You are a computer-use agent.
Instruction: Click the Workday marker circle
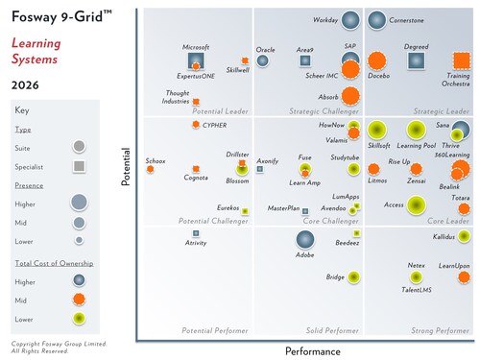pos(351,20)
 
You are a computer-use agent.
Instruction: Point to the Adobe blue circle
pos(305,241)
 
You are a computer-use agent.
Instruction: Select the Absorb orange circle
pos(351,96)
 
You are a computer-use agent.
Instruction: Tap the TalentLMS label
pos(415,288)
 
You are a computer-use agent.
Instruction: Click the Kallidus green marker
pos(465,235)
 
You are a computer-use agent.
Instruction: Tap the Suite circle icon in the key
pos(80,146)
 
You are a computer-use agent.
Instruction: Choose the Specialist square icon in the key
pos(80,166)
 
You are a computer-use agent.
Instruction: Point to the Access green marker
pos(416,204)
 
